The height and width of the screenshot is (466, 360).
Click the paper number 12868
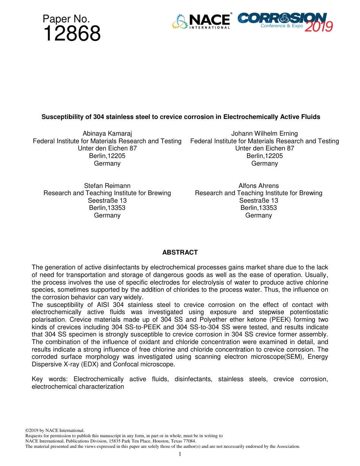pos(72,34)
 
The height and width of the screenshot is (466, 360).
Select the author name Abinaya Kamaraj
pos(107,133)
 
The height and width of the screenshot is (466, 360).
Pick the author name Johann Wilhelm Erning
pos(265,133)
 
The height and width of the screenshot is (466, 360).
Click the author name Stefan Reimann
pos(107,186)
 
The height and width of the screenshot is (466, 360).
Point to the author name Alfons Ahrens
pos(258,186)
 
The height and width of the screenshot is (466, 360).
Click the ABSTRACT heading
pos(180,252)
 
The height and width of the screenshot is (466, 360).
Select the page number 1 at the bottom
pos(180,454)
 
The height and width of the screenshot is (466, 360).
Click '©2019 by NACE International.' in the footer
pos(55,430)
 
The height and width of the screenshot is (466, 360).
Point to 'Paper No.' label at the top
pos(66,19)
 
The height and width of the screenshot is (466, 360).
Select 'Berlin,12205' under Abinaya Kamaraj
pos(107,156)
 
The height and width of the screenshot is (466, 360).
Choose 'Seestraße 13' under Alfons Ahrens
pos(258,200)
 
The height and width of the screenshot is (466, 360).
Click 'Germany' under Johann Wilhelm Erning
pos(265,163)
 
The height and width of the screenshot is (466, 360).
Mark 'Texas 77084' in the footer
pos(184,441)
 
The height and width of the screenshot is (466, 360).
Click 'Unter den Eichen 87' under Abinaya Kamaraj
pos(107,148)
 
